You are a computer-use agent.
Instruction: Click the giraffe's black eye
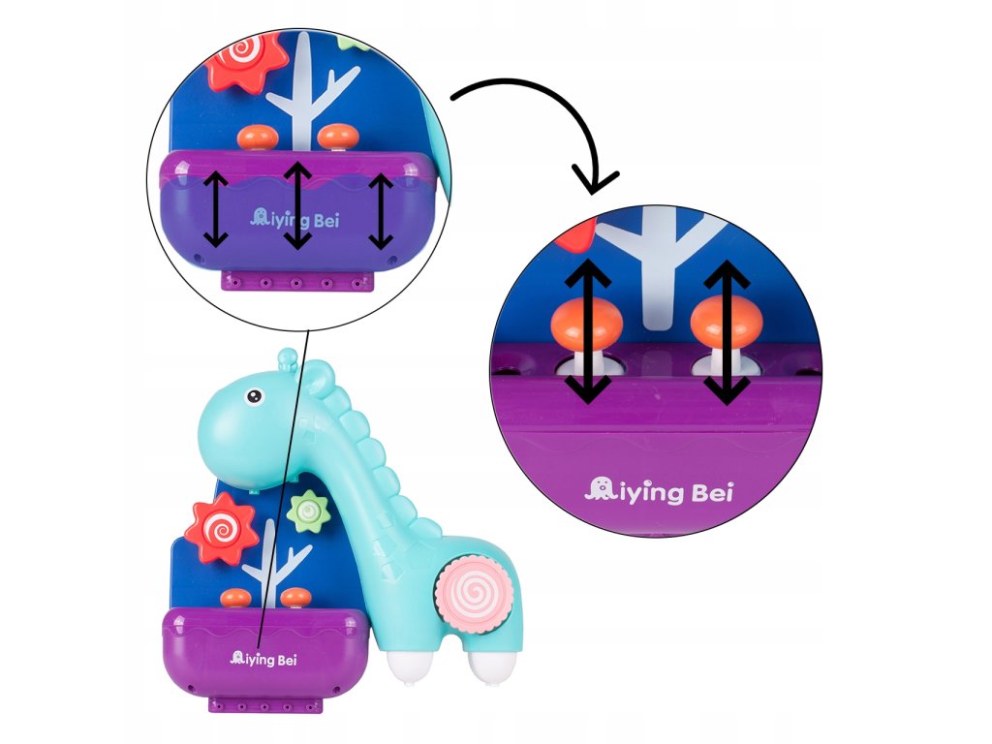[x=253, y=396]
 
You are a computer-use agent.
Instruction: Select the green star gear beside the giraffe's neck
[x=308, y=510]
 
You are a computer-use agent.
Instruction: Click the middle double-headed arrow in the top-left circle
[x=298, y=204]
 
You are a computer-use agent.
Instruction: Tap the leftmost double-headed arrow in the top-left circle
[x=215, y=208]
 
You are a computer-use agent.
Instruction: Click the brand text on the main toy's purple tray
[x=263, y=660]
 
